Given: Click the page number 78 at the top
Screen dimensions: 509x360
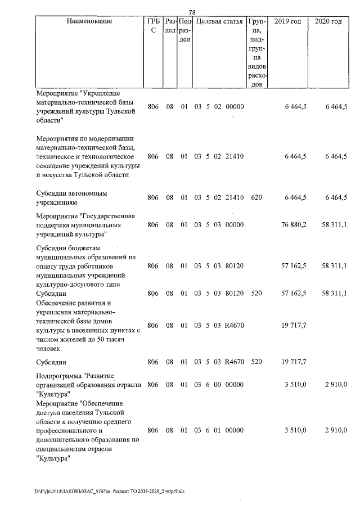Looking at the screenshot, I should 192,12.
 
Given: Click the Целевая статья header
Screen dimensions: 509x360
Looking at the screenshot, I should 219,21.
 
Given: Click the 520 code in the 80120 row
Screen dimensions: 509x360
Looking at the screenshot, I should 256,294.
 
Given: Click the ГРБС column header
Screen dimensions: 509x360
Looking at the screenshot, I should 152,26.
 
